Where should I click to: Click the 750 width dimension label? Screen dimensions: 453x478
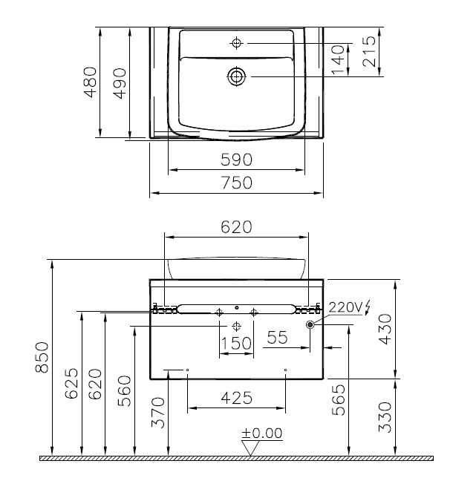[x=237, y=183]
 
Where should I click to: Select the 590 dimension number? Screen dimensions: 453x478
[x=237, y=160]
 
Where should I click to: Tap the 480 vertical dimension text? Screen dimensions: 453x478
[x=91, y=82]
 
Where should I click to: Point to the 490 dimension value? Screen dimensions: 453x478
[x=120, y=83]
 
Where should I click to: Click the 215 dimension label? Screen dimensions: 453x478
[x=369, y=51]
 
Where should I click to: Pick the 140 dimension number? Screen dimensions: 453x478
[x=339, y=59]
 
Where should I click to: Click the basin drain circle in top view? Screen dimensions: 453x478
[x=236, y=76]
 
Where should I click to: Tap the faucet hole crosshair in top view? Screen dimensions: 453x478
[x=236, y=43]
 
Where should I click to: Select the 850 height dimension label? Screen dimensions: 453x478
[x=42, y=357]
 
